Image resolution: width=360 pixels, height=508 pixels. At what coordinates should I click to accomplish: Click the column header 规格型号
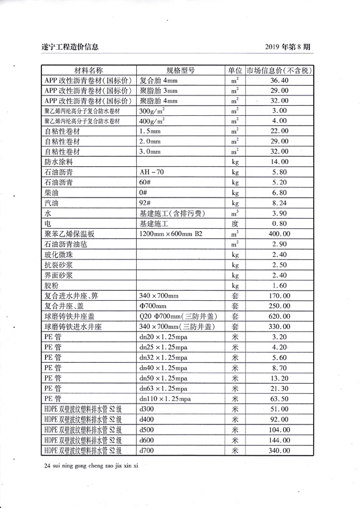[x=181, y=70]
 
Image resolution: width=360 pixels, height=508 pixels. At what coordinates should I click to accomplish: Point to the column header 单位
[x=235, y=70]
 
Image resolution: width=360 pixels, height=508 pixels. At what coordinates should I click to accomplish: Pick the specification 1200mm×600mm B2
[x=173, y=234]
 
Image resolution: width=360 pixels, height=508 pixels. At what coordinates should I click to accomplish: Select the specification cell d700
[x=147, y=450]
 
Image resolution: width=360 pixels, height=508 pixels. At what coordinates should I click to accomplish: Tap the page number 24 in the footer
[x=48, y=466]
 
